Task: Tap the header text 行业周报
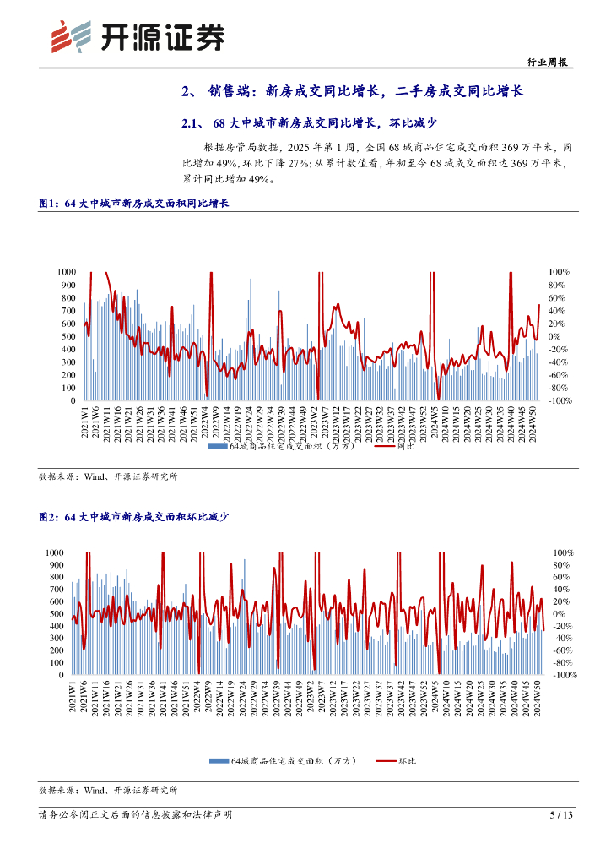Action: click(546, 62)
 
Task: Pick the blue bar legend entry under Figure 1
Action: click(278, 445)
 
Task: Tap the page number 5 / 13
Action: click(561, 815)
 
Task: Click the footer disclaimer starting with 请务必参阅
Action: click(135, 815)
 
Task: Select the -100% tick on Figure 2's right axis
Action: click(565, 676)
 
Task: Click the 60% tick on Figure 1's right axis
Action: click(557, 298)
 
